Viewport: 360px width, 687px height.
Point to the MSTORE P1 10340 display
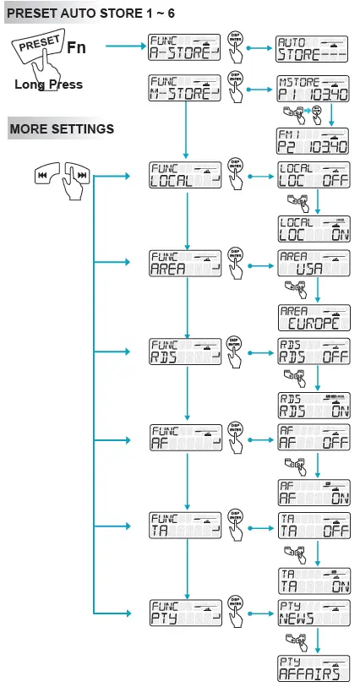[x=313, y=87]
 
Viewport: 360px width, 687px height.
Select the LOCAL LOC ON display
[x=313, y=230]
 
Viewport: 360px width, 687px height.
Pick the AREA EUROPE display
[x=313, y=319]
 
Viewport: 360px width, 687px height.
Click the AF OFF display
[x=313, y=442]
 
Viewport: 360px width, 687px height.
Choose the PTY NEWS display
[x=313, y=614]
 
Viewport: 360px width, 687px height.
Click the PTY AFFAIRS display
[x=313, y=668]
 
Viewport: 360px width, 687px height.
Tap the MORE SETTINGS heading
[x=61, y=129]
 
